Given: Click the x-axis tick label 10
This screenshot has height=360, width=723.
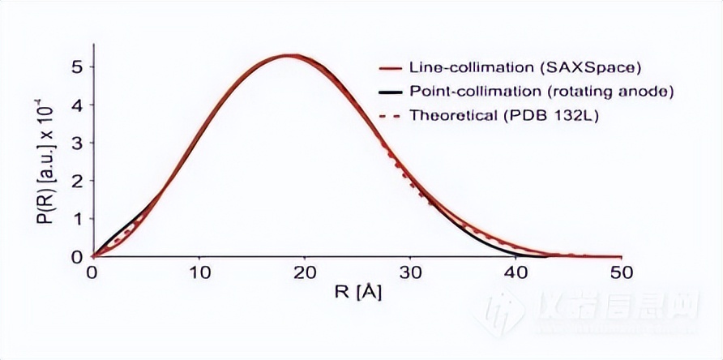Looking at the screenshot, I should pyautogui.click(x=198, y=273).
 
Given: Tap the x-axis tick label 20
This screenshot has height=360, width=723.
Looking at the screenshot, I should pyautogui.click(x=304, y=273).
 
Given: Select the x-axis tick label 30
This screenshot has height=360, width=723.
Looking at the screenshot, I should pyautogui.click(x=411, y=273).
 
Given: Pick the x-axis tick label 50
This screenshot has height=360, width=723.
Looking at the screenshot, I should pyautogui.click(x=622, y=273).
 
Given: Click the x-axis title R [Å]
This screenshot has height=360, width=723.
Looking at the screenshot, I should pyautogui.click(x=357, y=293).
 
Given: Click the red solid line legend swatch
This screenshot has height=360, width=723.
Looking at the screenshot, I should pyautogui.click(x=391, y=67).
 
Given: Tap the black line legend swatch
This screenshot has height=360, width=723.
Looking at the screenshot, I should pyautogui.click(x=391, y=91).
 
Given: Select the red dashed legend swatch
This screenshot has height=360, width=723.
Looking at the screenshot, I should pyautogui.click(x=391, y=114).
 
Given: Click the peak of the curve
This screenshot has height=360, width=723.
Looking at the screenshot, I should pyautogui.click(x=291, y=56).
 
